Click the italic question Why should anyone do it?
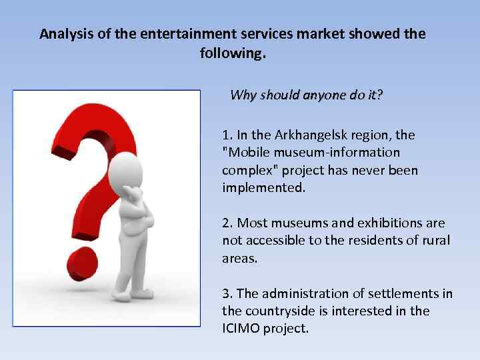pyautogui.click(x=306, y=95)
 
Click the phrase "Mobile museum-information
pyautogui.click(x=311, y=153)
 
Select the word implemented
pyautogui.click(x=263, y=187)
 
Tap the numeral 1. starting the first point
pyautogui.click(x=227, y=135)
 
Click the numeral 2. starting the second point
pyautogui.click(x=227, y=223)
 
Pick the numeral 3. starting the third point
pyautogui.click(x=227, y=293)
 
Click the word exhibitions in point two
pyautogui.click(x=394, y=223)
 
